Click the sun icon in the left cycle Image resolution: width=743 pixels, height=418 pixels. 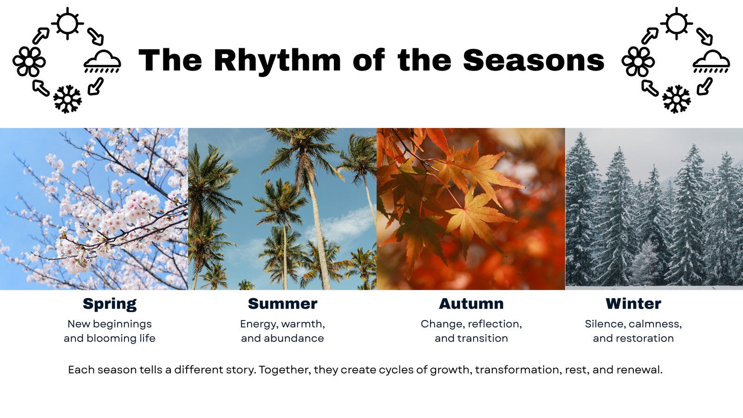pos(67,24)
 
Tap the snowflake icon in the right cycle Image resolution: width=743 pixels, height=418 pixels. pos(676,99)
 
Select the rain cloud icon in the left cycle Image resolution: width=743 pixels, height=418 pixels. pos(102,62)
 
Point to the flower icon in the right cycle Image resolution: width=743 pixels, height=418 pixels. pos(638,62)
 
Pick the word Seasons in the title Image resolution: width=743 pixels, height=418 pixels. pos(534,60)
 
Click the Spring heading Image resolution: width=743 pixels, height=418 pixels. pos(110,304)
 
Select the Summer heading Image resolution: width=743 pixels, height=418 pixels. pos(283,304)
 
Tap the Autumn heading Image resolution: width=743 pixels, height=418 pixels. pos(471,304)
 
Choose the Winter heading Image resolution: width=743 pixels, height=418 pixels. pos(633,304)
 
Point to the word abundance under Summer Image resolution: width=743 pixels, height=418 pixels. pos(294,339)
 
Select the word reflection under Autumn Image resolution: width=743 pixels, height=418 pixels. pos(487,324)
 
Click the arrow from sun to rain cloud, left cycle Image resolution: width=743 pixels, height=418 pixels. pos(96,37)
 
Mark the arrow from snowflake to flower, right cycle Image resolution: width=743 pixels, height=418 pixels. pos(650,88)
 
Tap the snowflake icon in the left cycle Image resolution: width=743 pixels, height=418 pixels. pos(67,99)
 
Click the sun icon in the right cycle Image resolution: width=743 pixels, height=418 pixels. pos(676,24)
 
